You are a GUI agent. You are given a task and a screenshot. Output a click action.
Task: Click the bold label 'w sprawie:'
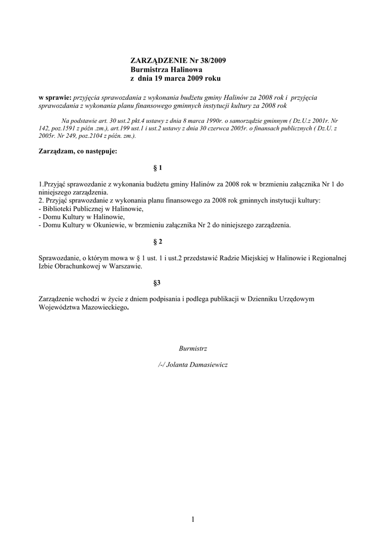[x=55, y=98]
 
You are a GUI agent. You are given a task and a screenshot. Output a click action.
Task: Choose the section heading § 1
[x=157, y=168]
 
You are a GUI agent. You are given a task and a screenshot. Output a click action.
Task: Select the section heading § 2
[x=157, y=242]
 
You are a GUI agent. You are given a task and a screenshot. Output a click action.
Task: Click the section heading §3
[x=157, y=283]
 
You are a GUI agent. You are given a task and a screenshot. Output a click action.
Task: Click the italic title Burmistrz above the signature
[x=193, y=348]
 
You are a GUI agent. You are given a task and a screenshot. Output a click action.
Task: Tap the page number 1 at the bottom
[x=193, y=519]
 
